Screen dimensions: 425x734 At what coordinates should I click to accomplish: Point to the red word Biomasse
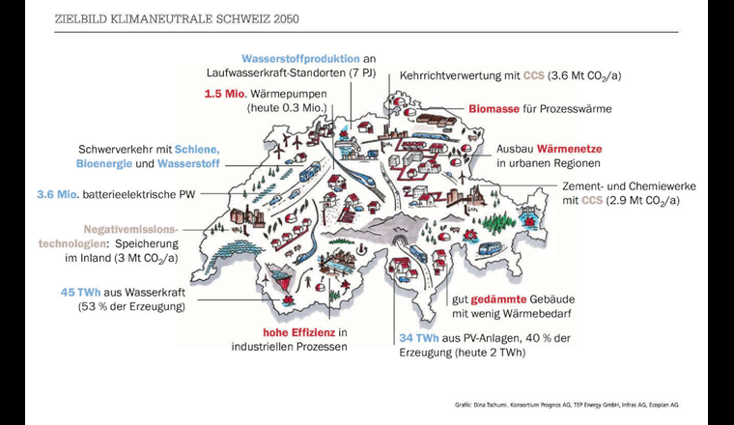(498, 109)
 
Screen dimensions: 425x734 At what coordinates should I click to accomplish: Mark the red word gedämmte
(504, 299)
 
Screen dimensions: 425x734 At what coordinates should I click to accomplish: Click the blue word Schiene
(199, 150)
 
